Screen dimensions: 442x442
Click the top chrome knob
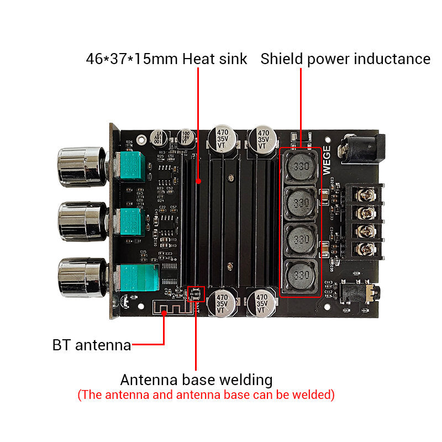point(80,166)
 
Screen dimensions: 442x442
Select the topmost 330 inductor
point(301,167)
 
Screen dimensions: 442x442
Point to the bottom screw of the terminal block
point(365,248)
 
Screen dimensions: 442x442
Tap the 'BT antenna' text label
point(92,345)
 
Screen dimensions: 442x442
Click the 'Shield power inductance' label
point(345,59)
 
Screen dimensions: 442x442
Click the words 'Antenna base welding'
point(196,380)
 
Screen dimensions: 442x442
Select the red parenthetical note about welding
point(206,395)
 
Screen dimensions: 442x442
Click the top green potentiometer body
point(131,167)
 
